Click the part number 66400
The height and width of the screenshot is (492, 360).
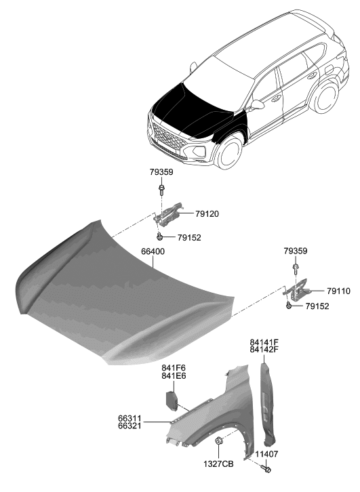click(153, 251)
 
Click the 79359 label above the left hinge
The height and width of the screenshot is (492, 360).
click(161, 172)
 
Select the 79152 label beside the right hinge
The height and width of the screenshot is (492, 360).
click(317, 306)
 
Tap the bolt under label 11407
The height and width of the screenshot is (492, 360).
click(266, 468)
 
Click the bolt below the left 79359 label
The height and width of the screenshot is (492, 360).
click(161, 188)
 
